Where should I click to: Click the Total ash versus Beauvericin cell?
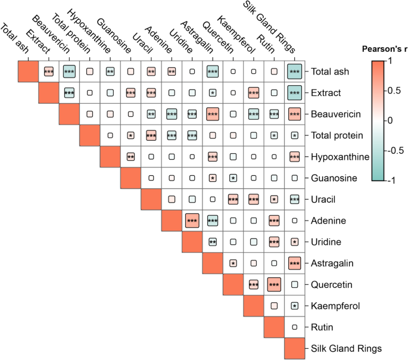tap(68, 72)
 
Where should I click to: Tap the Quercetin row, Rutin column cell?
tap(274, 284)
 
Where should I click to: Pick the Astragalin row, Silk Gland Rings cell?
tap(294, 263)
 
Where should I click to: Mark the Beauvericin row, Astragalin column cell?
tap(212, 114)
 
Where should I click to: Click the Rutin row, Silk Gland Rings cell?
tap(294, 326)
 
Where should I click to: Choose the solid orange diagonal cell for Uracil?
tap(130, 178)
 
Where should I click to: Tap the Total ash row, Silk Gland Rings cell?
tap(294, 72)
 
